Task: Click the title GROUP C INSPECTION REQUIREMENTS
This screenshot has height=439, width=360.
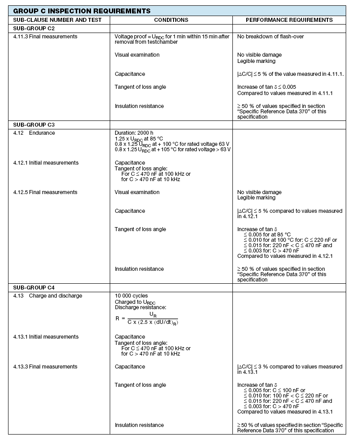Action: tap(82, 11)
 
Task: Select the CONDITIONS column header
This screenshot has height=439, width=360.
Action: tap(171, 20)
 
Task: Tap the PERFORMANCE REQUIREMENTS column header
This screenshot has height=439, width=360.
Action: tap(289, 20)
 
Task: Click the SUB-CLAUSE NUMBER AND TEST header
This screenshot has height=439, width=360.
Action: tap(58, 20)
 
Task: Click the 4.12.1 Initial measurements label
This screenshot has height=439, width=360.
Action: tap(46, 163)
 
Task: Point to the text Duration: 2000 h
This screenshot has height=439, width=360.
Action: tap(134, 133)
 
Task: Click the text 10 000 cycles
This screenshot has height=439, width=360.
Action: tap(131, 296)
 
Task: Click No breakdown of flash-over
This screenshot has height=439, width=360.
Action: tap(270, 37)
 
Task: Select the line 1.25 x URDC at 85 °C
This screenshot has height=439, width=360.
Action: tap(139, 139)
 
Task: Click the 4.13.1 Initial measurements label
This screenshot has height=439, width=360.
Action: tap(46, 337)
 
